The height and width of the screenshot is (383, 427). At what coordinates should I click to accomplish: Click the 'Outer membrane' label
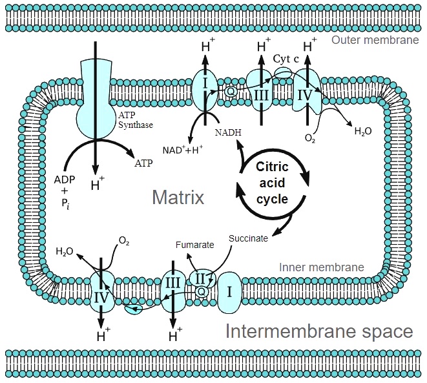coord(375,41)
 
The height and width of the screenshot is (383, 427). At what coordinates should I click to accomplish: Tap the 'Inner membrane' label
coord(320,267)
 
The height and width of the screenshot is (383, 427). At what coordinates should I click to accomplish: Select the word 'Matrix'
coord(178,196)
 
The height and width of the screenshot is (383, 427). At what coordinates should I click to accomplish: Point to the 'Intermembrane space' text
coord(318,331)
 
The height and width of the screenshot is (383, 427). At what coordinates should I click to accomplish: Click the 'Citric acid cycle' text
coord(272,181)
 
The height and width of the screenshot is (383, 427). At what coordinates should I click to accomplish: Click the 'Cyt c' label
coord(286,57)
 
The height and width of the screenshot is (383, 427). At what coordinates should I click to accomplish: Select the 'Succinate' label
coord(248,238)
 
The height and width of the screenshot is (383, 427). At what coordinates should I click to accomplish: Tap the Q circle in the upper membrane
coord(229,91)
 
